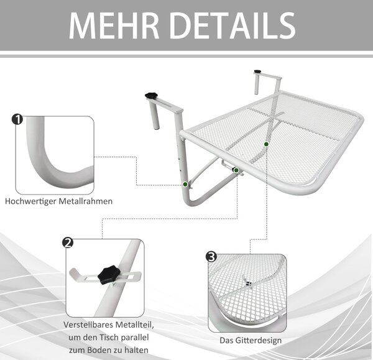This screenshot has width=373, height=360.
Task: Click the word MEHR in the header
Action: tap(114, 25)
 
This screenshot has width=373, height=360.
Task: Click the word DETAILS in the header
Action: tap(233, 25)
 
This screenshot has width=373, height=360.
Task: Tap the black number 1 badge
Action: tap(17, 119)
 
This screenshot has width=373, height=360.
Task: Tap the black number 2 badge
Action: tap(68, 242)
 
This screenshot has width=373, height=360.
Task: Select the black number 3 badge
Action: tap(211, 257)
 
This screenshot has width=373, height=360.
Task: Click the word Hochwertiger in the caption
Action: tap(30, 201)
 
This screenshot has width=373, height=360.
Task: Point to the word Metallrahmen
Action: tap(86, 201)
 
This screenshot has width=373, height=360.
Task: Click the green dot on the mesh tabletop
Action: tap(267, 144)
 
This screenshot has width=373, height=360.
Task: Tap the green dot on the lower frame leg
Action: tap(185, 184)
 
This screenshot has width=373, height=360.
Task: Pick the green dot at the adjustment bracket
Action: tap(236, 170)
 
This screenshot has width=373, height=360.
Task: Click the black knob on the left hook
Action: tap(151, 96)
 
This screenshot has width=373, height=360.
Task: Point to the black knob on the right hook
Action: tap(257, 71)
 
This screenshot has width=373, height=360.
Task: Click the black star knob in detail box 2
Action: tap(108, 275)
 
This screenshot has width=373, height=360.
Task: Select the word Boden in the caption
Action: tap(99, 350)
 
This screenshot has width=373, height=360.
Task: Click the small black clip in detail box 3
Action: tap(249, 284)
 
